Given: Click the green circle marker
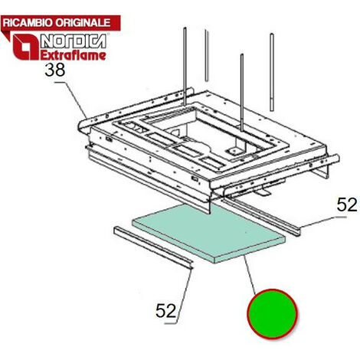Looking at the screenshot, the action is tap(272, 314).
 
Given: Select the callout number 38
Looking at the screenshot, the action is tap(55, 70).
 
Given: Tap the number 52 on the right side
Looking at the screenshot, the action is tap(347, 205).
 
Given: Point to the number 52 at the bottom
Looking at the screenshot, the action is tap(166, 310).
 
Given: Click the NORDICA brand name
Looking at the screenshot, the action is tap(74, 41).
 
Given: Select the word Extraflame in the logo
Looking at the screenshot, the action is tap(74, 55).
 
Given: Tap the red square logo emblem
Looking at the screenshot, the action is tap(25, 47).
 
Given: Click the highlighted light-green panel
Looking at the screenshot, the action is tap(208, 234).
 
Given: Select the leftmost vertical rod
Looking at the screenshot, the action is tap(185, 67).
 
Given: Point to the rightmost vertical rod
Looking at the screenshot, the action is tap(272, 72).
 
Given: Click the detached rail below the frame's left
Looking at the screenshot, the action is tap(152, 247).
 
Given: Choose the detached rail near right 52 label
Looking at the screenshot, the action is tap(260, 217).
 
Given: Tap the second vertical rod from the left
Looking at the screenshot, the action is tap(207, 56).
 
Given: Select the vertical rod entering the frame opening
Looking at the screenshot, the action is tap(241, 93).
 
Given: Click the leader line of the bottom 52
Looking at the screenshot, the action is tap(181, 296).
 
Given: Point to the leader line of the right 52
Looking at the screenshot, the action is tap(322, 222).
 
